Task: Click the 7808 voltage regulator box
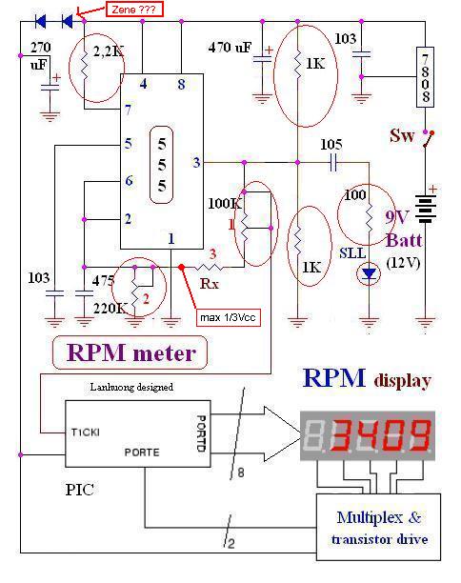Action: tap(425, 77)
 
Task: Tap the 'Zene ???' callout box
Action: tap(134, 10)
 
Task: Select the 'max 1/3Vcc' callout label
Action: tap(228, 317)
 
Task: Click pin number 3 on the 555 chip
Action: tap(196, 162)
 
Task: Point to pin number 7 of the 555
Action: tap(128, 110)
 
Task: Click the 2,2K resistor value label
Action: tap(109, 51)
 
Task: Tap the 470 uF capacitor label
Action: tap(230, 48)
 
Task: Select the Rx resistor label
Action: tap(210, 284)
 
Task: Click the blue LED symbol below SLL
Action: tap(369, 274)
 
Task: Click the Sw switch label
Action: tap(402, 135)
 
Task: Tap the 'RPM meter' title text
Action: tap(131, 352)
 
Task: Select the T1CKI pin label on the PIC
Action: tap(86, 432)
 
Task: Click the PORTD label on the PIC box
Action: tap(201, 433)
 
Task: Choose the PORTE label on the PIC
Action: tap(142, 452)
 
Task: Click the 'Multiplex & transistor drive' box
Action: tap(378, 527)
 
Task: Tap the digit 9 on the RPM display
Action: tap(417, 434)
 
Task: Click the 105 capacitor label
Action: tap(331, 144)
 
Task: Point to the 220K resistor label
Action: tap(110, 308)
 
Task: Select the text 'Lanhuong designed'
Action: tap(131, 387)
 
